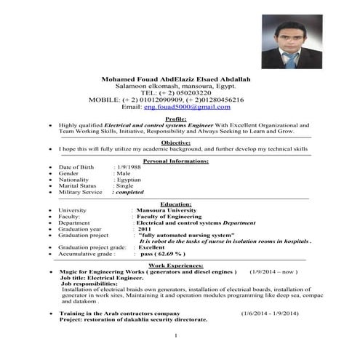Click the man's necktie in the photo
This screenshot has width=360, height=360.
coord(290,57)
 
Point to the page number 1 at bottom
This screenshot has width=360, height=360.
coord(177,335)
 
